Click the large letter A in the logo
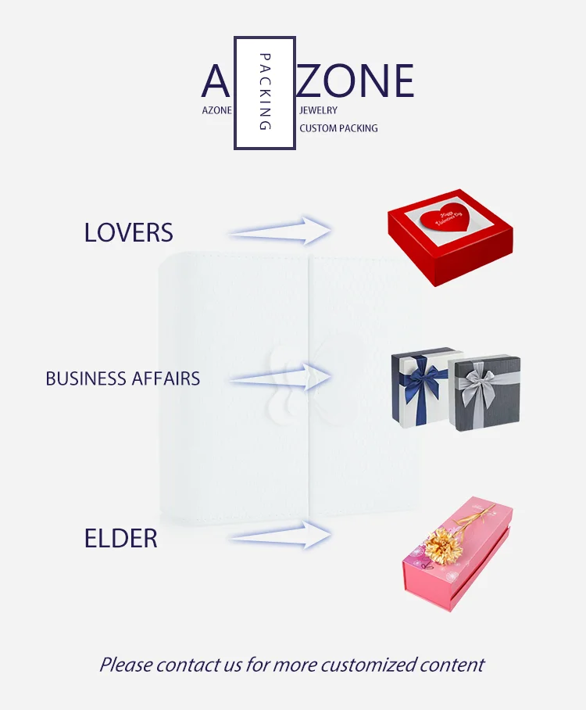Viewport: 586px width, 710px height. coord(216,82)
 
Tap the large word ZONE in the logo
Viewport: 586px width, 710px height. coord(356,81)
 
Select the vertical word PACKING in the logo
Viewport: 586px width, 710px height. coord(265,92)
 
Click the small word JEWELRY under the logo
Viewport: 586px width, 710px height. coord(318,111)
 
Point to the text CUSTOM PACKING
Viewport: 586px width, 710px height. coord(338,128)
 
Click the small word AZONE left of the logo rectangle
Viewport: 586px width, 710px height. coord(216,111)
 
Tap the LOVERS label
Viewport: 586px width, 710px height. coord(129,232)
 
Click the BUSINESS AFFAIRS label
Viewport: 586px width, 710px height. coord(123,379)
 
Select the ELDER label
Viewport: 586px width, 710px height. coord(121,539)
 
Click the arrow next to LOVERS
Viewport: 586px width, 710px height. coord(281,231)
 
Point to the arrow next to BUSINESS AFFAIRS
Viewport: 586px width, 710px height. coord(281,378)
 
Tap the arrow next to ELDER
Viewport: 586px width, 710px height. coord(281,536)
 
